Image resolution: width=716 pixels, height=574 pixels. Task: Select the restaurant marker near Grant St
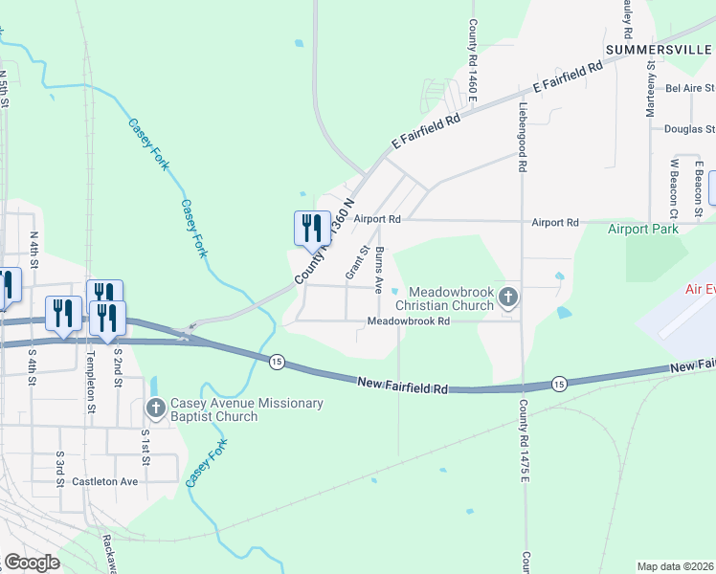coord(308,228)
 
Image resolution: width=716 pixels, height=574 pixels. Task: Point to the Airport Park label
coord(642,229)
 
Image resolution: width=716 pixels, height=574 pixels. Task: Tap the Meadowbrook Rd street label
coord(409,321)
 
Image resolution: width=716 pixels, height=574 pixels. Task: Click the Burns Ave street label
coord(379,270)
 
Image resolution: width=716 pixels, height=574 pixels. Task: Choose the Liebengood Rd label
coord(523,137)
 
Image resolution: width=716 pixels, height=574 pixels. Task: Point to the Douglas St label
coord(689,128)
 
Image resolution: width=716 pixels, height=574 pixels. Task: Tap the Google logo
coord(31,563)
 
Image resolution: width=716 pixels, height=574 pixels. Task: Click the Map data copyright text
coord(676,566)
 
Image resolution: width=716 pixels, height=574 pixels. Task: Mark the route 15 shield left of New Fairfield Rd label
coord(277,361)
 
